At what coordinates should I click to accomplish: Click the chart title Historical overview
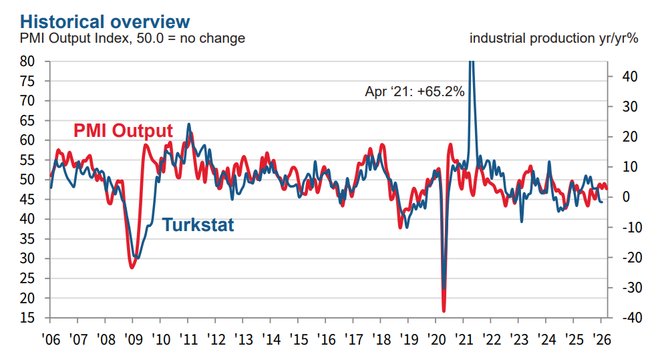coord(96,21)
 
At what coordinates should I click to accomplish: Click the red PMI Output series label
coord(122,131)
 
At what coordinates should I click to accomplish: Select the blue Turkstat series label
coord(198,224)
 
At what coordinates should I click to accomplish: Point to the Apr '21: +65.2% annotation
coord(414,92)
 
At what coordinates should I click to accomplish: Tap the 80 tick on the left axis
coord(36,61)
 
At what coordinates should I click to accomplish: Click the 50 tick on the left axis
coord(36,180)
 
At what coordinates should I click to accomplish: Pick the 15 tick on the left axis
coord(36,318)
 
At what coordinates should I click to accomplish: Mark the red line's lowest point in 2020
coord(444,311)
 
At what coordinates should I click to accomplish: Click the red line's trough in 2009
coord(132,268)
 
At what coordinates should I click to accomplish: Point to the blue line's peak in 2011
coord(189,124)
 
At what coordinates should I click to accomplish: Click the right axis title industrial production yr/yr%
coord(554,38)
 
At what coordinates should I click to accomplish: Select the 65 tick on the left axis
coord(36,121)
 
